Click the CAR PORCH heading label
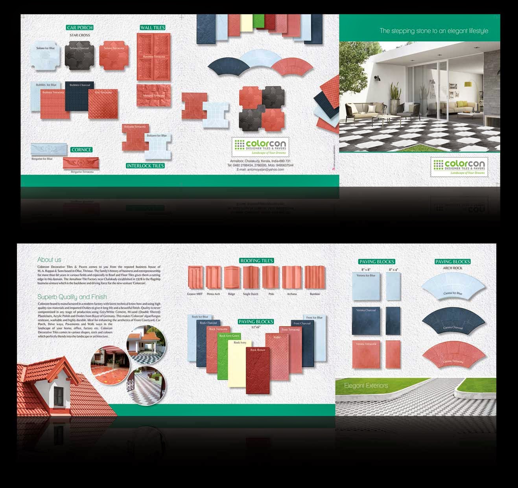click(80, 28)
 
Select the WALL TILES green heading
click(153, 28)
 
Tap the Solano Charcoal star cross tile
click(79, 55)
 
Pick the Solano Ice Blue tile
click(45, 55)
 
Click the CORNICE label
click(81, 150)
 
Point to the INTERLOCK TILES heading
click(145, 166)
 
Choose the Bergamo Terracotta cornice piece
click(81, 163)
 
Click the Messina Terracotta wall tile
click(153, 96)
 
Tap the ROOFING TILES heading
click(256, 261)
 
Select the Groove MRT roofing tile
click(195, 278)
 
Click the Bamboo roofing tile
click(315, 278)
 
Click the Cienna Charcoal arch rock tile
click(453, 322)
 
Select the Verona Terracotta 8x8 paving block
click(366, 354)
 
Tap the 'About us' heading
click(49, 260)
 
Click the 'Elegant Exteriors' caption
click(366, 386)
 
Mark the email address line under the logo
click(260, 169)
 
